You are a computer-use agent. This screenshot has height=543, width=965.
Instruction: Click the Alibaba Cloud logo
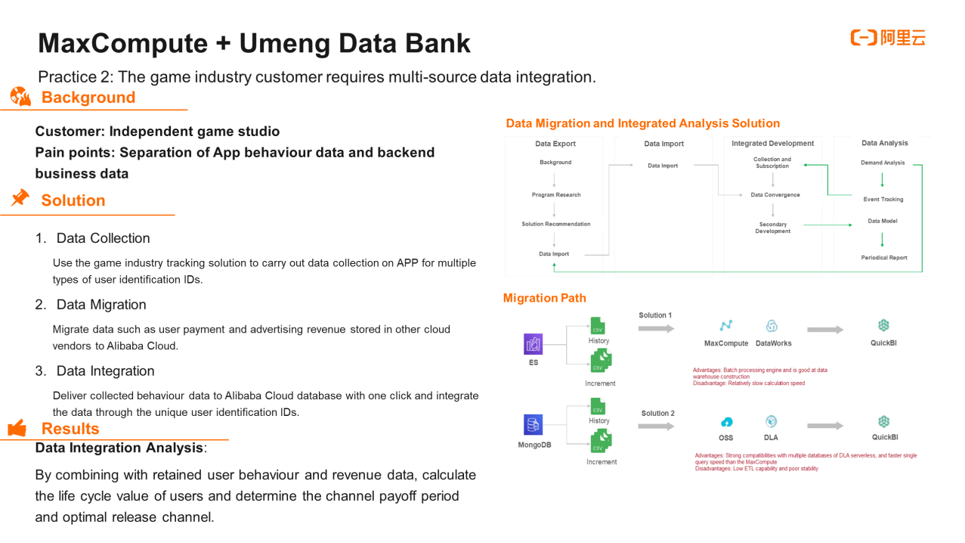[x=887, y=38]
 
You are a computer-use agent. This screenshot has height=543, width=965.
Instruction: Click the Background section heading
[x=88, y=98]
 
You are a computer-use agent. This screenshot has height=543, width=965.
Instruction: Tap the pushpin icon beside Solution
[x=20, y=198]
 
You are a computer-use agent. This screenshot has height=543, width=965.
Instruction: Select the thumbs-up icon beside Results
[x=17, y=429]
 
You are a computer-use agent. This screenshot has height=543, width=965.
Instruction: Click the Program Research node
[x=556, y=195]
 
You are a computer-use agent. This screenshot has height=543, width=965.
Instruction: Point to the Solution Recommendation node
[x=556, y=224]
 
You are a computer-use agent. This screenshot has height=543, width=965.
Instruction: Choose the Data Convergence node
[x=775, y=195]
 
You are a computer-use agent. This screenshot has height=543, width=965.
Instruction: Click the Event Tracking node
[x=883, y=200]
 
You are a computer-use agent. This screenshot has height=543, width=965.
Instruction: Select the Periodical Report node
[x=883, y=258]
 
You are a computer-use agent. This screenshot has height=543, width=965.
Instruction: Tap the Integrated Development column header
[x=772, y=144]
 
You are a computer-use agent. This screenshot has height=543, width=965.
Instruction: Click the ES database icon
[x=534, y=344]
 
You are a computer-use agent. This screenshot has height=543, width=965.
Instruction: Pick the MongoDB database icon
[x=534, y=424]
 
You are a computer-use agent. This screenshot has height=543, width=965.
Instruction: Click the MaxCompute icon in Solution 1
[x=726, y=326]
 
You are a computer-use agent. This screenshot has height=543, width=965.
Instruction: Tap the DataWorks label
[x=773, y=343]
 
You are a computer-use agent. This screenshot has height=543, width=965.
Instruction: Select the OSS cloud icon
[x=726, y=422]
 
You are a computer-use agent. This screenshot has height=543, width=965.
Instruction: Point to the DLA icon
[x=771, y=422]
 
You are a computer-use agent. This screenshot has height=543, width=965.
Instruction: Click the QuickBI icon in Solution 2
[x=884, y=422]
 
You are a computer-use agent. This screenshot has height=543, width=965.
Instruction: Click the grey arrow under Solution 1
[x=655, y=329]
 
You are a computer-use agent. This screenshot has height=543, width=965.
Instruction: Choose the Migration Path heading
[x=544, y=298]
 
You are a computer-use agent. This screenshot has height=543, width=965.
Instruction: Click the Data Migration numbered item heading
[x=101, y=305]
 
